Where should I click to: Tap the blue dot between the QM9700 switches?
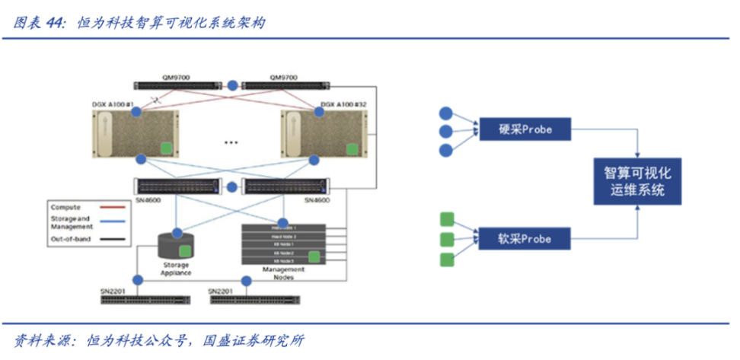[233, 85]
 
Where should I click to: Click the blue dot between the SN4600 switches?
[233, 186]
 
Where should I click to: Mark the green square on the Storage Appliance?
[184, 250]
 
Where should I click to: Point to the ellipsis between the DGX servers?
[233, 142]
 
